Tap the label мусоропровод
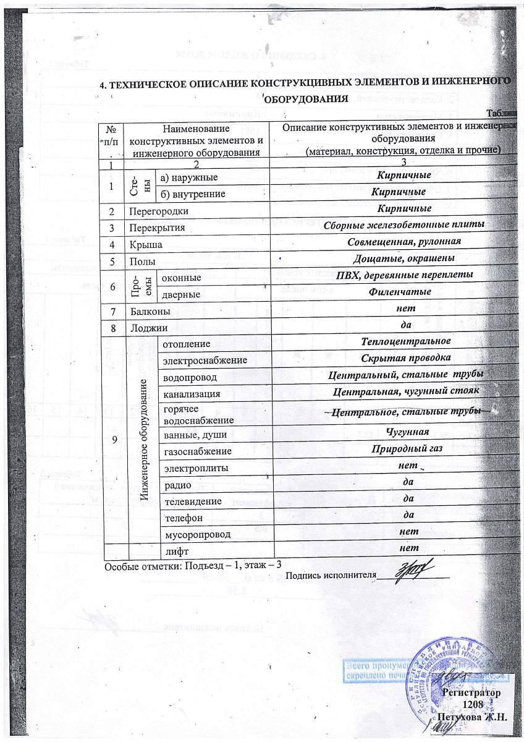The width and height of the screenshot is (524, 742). (196, 533)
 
